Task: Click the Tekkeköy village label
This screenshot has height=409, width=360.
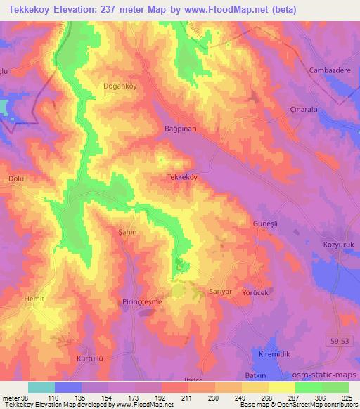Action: click(182, 178)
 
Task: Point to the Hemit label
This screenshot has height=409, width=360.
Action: click(34, 298)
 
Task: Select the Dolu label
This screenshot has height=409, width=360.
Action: click(15, 179)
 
